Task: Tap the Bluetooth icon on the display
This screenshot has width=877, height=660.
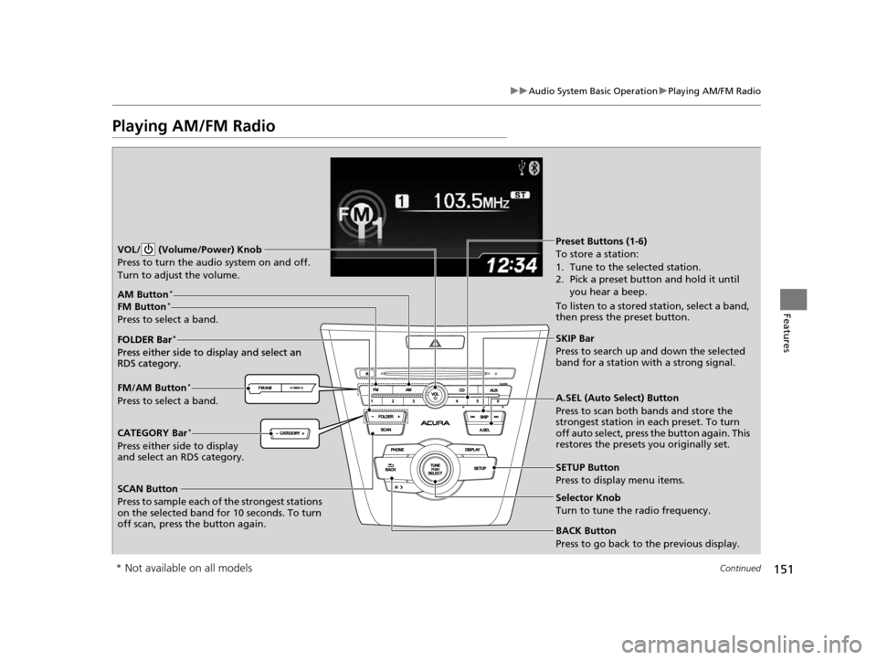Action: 536,167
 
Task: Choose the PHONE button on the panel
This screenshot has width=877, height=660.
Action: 396,450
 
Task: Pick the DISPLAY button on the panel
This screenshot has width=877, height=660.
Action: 472,450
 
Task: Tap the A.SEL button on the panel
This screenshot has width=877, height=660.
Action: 485,430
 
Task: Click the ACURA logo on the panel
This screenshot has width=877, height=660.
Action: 435,423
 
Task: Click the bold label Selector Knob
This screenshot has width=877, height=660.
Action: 587,496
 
